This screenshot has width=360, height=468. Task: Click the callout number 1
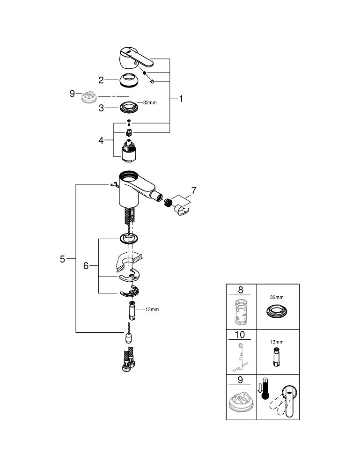coord(181,98)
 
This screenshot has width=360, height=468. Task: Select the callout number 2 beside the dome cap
coord(101,80)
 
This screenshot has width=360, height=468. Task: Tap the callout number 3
coord(101,108)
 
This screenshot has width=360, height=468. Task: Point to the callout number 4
coord(101,140)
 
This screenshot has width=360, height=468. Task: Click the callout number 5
coord(62,259)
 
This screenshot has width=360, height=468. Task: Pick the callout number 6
coord(86,266)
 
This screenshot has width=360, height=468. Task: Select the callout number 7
coord(194,190)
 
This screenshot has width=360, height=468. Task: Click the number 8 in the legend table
coord(241,290)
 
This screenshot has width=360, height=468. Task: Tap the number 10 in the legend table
coord(240,335)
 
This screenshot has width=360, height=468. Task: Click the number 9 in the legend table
coord(240,380)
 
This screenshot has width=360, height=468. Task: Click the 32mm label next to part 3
coord(150,102)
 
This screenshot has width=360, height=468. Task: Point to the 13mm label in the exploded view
coord(152,309)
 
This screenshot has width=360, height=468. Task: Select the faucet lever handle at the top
coord(135,57)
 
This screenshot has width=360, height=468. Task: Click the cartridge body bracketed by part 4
coord(129,151)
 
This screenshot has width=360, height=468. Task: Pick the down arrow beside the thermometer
coord(260,388)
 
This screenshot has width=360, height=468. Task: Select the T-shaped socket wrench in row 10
coord(240,358)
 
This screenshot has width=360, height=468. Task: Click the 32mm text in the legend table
coord(277,297)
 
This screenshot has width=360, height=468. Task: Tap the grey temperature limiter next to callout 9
coord(90,96)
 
